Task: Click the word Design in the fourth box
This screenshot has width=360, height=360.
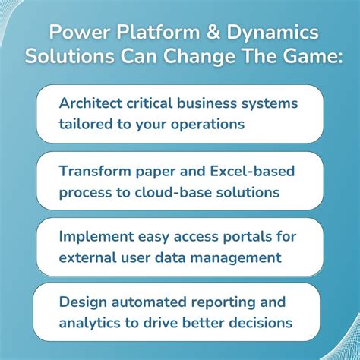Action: tap(81, 302)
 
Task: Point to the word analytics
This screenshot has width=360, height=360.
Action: tap(88, 323)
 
